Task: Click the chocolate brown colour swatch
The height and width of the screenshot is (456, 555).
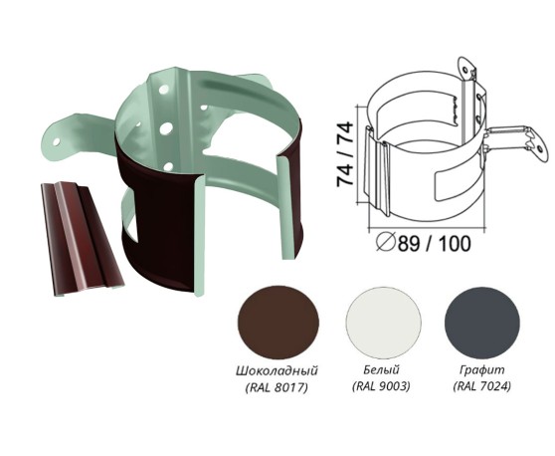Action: [278, 325]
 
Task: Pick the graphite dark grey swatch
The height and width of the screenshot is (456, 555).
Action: [482, 321]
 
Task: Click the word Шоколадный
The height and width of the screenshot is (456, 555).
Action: [277, 371]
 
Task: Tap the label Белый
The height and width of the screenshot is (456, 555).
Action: [381, 370]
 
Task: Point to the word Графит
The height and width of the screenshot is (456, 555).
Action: [481, 370]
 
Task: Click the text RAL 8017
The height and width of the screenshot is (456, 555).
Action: [277, 387]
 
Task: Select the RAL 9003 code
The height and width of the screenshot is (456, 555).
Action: [381, 386]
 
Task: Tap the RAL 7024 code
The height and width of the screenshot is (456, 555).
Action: [482, 386]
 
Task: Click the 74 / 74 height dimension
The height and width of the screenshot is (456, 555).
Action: [345, 154]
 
